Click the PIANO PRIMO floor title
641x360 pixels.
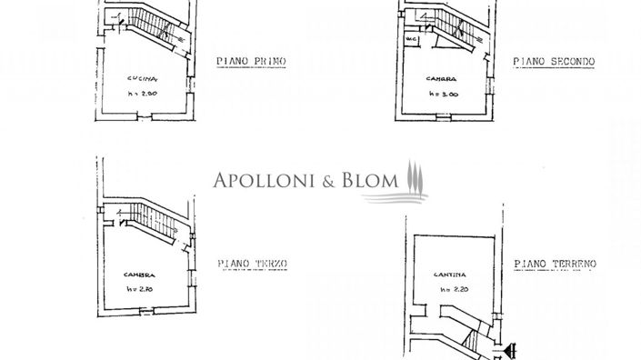point(251,62)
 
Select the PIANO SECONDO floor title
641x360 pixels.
point(553,62)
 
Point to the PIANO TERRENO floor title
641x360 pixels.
point(554,264)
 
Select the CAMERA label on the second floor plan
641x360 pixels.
point(441,80)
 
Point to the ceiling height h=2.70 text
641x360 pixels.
point(141,289)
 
